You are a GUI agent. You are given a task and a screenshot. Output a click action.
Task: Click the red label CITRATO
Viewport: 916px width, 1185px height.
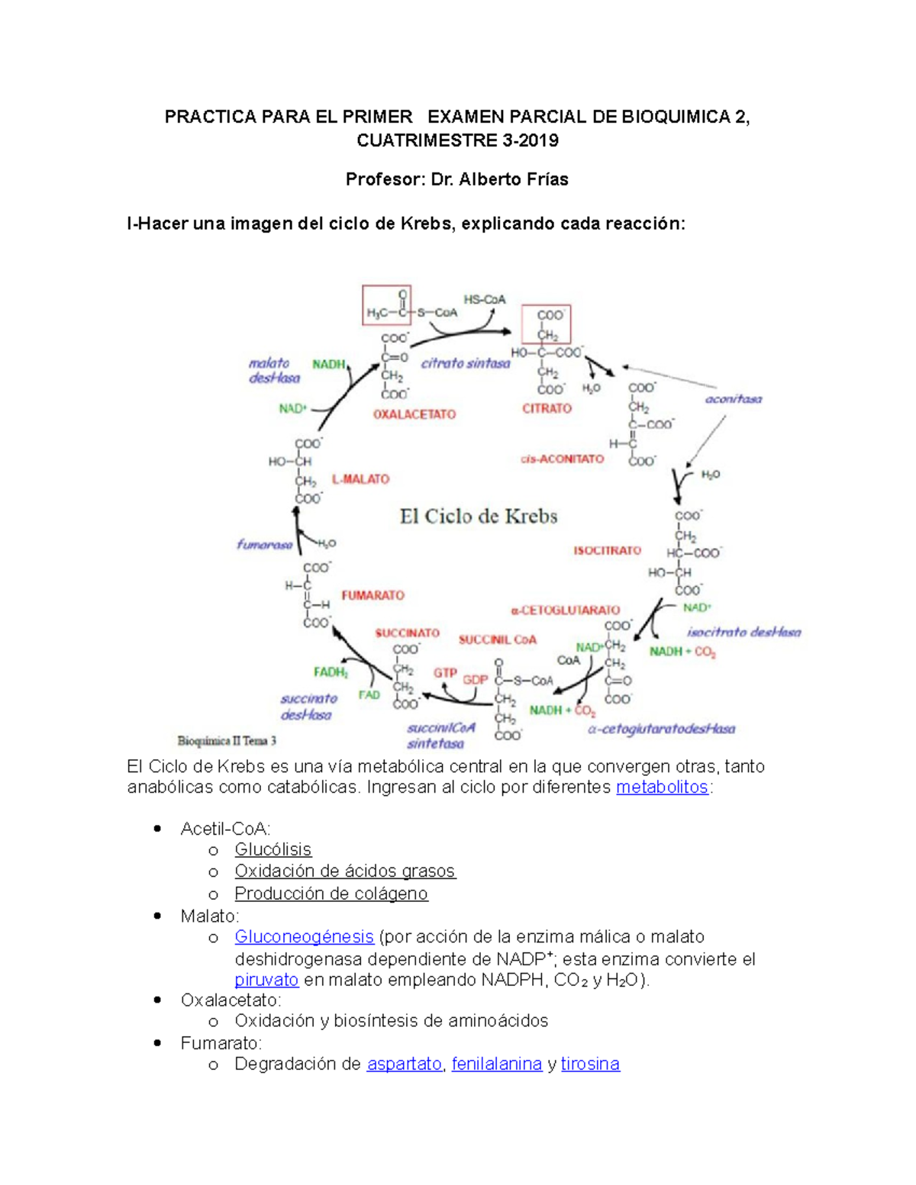[547, 409]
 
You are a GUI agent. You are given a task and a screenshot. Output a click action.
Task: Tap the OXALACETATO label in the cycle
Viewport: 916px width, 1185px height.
[414, 414]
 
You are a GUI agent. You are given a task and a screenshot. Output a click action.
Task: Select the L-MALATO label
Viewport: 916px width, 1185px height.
[360, 479]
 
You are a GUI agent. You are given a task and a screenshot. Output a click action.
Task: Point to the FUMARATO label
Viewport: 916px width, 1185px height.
[373, 595]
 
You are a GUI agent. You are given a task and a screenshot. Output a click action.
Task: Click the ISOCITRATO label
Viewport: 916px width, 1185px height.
[608, 550]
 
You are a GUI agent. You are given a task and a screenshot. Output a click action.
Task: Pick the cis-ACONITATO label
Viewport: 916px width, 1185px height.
[562, 459]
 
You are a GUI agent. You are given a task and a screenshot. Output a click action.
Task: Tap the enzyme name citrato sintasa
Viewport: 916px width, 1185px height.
[466, 364]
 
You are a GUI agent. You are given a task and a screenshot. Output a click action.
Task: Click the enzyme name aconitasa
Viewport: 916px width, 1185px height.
[733, 399]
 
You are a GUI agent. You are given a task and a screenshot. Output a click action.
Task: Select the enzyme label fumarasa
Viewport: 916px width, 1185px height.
[264, 545]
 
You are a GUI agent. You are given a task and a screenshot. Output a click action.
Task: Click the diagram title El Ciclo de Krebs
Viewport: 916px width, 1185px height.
[479, 517]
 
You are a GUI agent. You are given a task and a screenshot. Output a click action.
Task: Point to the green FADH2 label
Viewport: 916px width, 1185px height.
[331, 672]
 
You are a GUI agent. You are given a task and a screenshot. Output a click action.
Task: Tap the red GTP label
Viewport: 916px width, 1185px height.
[445, 673]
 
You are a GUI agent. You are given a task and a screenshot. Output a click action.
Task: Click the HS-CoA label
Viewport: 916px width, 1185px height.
[485, 300]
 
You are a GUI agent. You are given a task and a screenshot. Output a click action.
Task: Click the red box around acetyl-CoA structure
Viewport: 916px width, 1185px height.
[386, 305]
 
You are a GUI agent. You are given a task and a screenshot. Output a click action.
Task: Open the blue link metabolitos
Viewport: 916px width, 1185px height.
[662, 787]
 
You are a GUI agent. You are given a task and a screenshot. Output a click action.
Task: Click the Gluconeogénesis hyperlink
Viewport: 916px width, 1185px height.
[304, 937]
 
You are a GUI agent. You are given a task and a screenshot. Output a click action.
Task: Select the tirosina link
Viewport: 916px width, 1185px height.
[590, 1064]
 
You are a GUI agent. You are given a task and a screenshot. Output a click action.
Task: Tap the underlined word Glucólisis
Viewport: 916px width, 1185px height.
[273, 850]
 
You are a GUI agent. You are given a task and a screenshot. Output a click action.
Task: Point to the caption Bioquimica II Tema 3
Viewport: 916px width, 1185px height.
[227, 740]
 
